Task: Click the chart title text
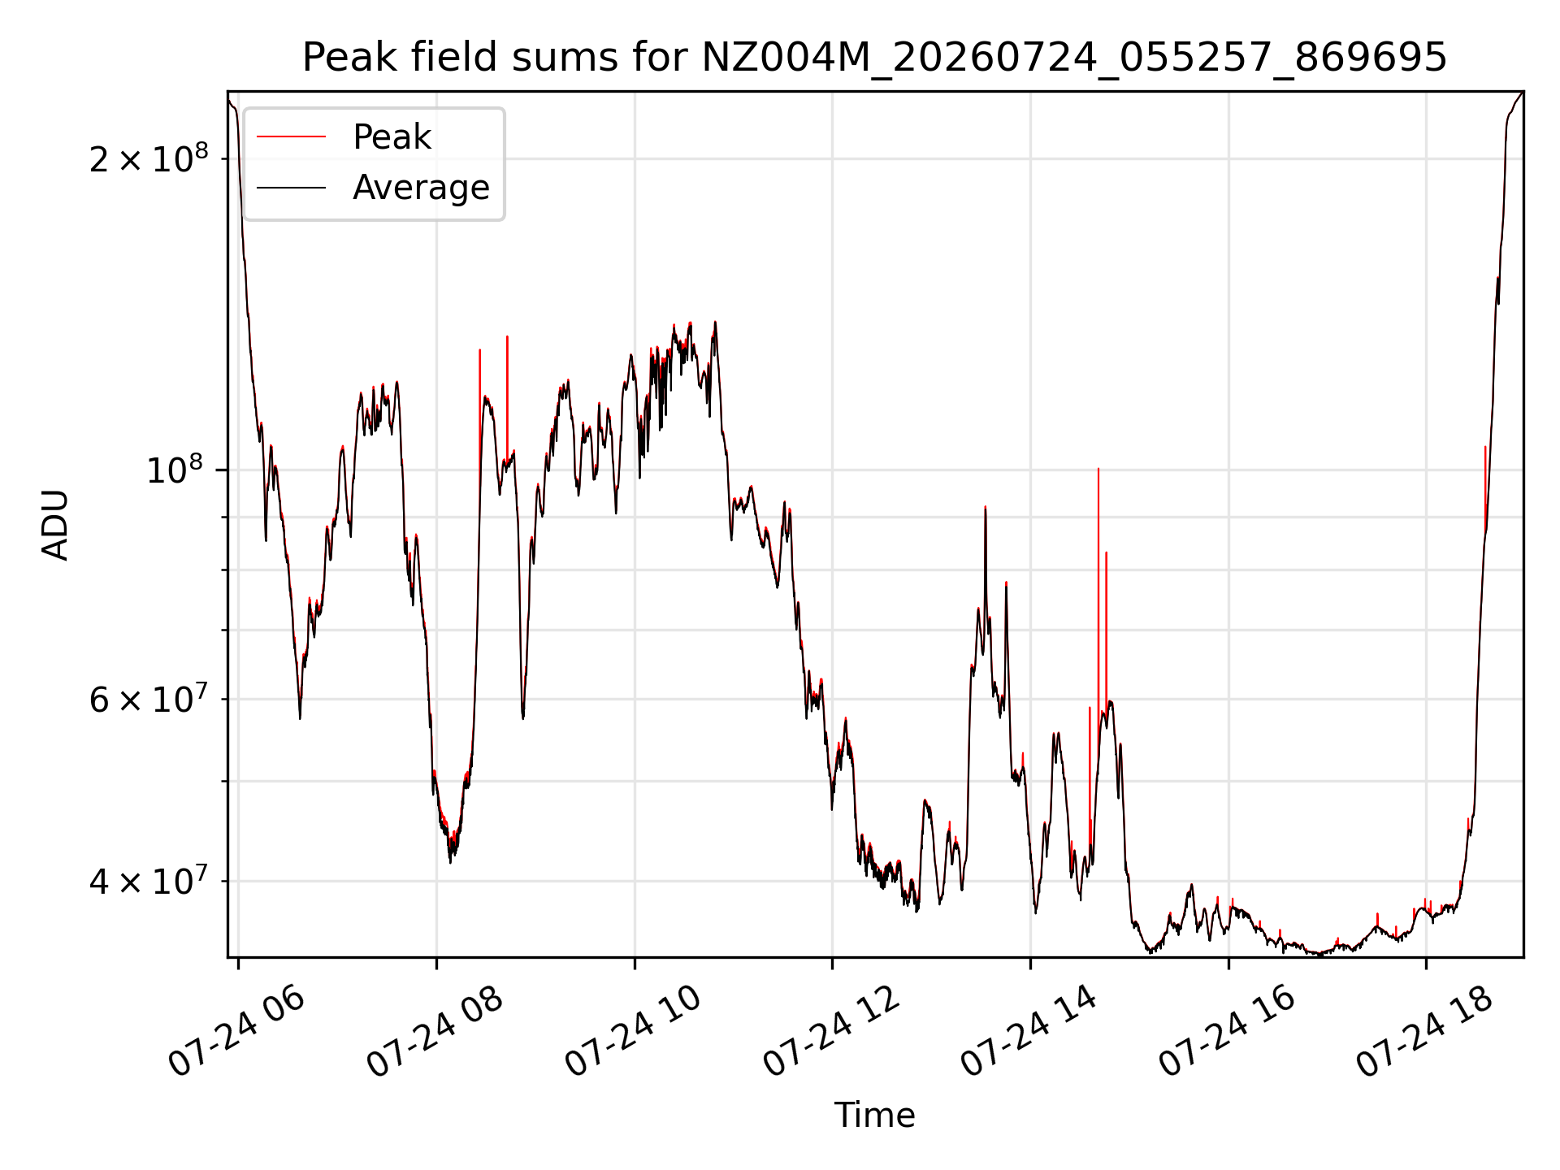coord(874,58)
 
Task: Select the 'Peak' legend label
coord(392,137)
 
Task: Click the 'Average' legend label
coord(421,188)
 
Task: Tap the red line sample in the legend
coord(291,136)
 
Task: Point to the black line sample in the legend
coord(291,188)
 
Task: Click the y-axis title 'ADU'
coord(55,525)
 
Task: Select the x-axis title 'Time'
coord(874,1116)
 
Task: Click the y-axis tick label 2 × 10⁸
coord(149,158)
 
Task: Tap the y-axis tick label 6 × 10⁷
coord(149,698)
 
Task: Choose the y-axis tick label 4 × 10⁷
coord(149,880)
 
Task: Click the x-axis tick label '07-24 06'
coord(237,1032)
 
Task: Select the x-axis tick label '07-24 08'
coord(435,1032)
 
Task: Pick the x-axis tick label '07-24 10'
coord(634,1032)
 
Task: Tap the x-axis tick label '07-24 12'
coord(832,1032)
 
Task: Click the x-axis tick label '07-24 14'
coord(1030,1032)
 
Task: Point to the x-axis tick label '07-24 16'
coord(1228,1032)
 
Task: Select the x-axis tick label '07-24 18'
coord(1426,1032)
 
